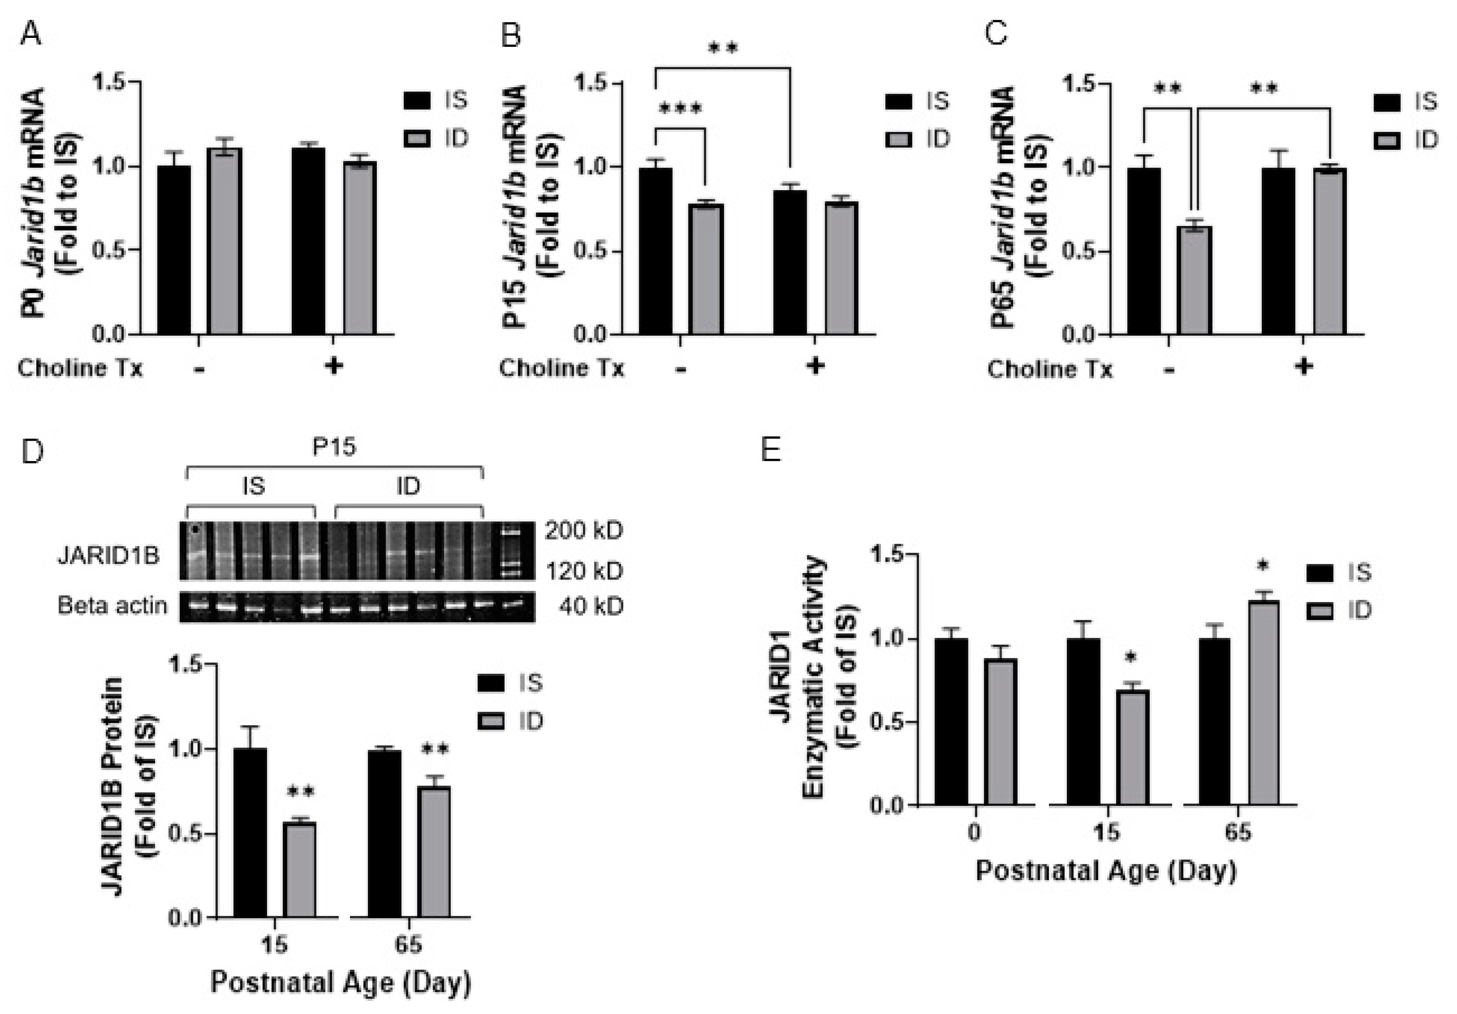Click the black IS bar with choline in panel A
click(x=309, y=241)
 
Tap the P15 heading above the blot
click(x=334, y=447)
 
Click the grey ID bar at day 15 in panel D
click(x=300, y=870)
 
